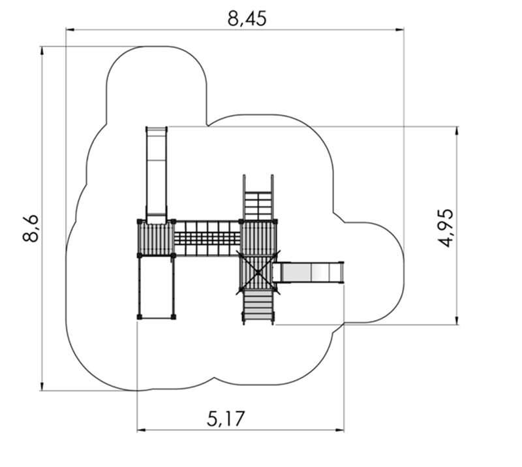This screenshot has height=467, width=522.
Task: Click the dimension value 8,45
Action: coord(247,19)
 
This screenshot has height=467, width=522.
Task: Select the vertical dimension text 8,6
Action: coord(31,229)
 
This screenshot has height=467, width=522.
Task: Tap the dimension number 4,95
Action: coord(445,228)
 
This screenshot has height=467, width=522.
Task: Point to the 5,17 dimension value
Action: coord(226,419)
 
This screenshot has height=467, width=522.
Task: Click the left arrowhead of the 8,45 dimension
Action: coord(70,29)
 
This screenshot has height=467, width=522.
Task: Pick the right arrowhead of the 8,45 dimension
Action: coord(400,29)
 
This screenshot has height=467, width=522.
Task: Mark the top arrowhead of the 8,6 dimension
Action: coord(42,50)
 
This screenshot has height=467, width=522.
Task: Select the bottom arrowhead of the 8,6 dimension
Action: coord(42,386)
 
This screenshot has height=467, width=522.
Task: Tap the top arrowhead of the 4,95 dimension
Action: coord(457,131)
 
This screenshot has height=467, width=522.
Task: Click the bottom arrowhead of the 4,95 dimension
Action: coord(457,320)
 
